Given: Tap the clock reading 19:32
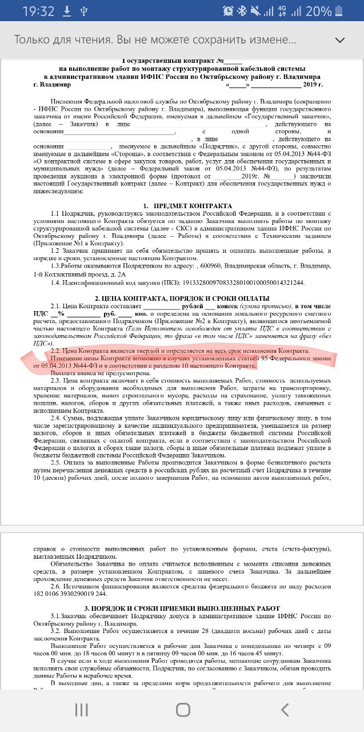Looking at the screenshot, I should coord(38,11).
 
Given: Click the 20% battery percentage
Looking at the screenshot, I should coord(318,11).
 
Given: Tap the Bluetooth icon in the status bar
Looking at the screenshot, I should coord(242,11).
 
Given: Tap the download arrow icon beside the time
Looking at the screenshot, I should coord(66,11).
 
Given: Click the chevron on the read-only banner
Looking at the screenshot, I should coord(340,40).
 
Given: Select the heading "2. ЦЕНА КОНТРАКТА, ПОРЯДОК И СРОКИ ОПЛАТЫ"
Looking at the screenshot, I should coord(182,299).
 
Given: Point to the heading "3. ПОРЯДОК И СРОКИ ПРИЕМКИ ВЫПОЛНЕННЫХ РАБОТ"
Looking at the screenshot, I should coord(182,608).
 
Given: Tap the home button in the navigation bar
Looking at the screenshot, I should coord(182,710).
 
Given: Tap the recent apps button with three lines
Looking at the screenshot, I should coord(82,710).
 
